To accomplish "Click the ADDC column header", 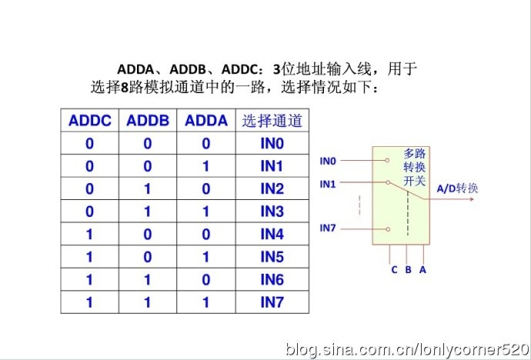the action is (x=90, y=121).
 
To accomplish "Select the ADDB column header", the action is (x=148, y=121).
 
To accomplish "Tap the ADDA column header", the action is (x=206, y=121).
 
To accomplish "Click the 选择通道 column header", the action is (x=272, y=121).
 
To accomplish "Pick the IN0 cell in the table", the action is (x=272, y=143).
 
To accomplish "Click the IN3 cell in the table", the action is (x=272, y=212).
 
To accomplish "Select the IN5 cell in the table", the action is (x=272, y=257).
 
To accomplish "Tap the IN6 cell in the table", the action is (x=272, y=279).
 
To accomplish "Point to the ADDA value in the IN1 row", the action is (x=206, y=166).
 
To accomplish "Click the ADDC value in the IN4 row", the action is (x=90, y=234).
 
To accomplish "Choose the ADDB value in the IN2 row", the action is (x=148, y=188).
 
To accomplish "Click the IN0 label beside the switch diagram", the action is (x=328, y=161).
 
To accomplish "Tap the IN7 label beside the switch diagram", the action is (x=328, y=228).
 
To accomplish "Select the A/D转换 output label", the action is (x=457, y=188).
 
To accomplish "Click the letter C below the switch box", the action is (x=394, y=270).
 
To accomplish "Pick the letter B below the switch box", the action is (x=409, y=270).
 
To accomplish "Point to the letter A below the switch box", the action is (x=422, y=270).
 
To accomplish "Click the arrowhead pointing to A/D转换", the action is (x=472, y=199).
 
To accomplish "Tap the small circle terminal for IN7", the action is (x=388, y=229).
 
